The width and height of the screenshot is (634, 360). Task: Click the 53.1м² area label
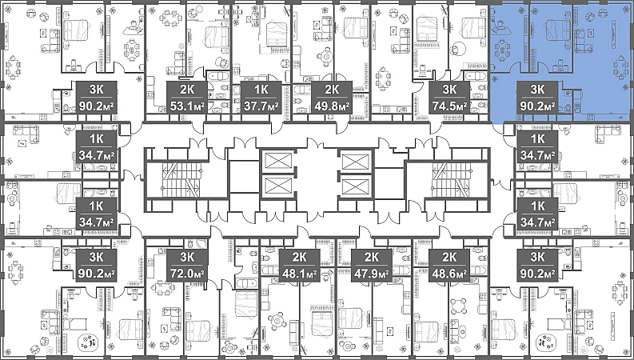[187, 106]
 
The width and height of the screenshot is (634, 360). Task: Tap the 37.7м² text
[261, 106]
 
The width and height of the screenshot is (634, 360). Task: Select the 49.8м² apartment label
[332, 106]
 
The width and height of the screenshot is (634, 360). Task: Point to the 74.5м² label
[449, 106]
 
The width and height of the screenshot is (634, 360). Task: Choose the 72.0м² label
[187, 274]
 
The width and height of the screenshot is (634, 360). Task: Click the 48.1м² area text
[300, 274]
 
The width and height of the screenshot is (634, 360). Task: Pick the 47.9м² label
[372, 274]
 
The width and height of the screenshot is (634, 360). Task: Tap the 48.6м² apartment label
[449, 274]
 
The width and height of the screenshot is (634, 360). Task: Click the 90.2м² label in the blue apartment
[537, 106]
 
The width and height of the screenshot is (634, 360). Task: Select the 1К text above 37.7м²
[261, 89]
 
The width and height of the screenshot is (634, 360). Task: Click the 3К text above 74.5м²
[449, 89]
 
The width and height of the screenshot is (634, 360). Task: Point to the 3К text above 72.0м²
[187, 257]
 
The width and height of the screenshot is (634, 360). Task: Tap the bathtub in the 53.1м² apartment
[218, 76]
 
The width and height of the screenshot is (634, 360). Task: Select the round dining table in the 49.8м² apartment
[326, 57]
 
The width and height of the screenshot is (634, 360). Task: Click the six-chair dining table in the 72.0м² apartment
[162, 288]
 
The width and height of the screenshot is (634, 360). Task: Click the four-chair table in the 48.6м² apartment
[458, 306]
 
